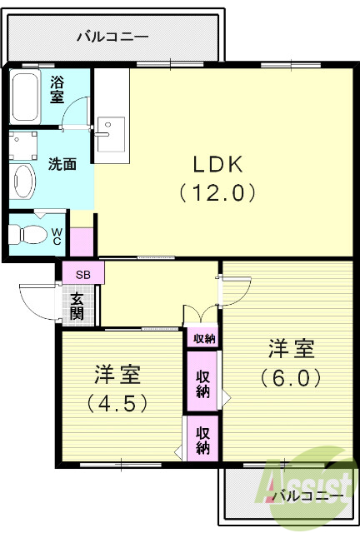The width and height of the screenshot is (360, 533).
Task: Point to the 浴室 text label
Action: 57,89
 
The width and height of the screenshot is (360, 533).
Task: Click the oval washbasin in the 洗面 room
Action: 24,178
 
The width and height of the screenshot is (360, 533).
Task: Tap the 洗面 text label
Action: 62,164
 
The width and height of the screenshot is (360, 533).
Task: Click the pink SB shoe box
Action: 82,273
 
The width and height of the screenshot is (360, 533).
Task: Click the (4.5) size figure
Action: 117,404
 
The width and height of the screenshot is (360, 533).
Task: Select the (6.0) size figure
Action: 291,377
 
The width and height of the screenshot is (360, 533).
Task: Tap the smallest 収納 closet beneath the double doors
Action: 203,338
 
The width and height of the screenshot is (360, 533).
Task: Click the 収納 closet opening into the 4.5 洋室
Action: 202,436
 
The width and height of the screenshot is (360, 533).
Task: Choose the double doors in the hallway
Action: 200,315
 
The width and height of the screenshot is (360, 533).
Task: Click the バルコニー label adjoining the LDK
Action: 112,36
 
